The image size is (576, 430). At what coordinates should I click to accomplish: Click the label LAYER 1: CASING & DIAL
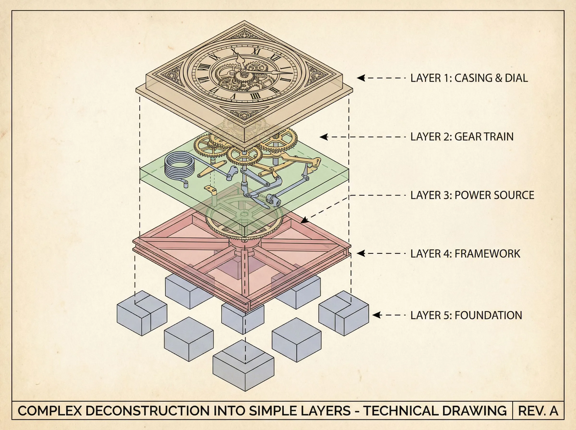point(469,78)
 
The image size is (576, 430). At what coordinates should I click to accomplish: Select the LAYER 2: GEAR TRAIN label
point(462,137)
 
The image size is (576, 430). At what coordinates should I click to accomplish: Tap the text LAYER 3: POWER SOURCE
point(472,195)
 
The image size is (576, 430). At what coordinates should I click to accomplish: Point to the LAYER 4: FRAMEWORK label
point(465,254)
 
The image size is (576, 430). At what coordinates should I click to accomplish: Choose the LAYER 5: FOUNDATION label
point(466,315)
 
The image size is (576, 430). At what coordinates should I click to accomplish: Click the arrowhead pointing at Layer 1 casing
point(360,78)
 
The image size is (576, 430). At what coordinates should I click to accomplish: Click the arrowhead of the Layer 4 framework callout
point(360,253)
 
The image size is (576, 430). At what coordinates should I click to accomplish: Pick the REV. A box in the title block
point(538,411)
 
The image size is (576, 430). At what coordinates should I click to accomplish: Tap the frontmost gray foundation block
point(243,367)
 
